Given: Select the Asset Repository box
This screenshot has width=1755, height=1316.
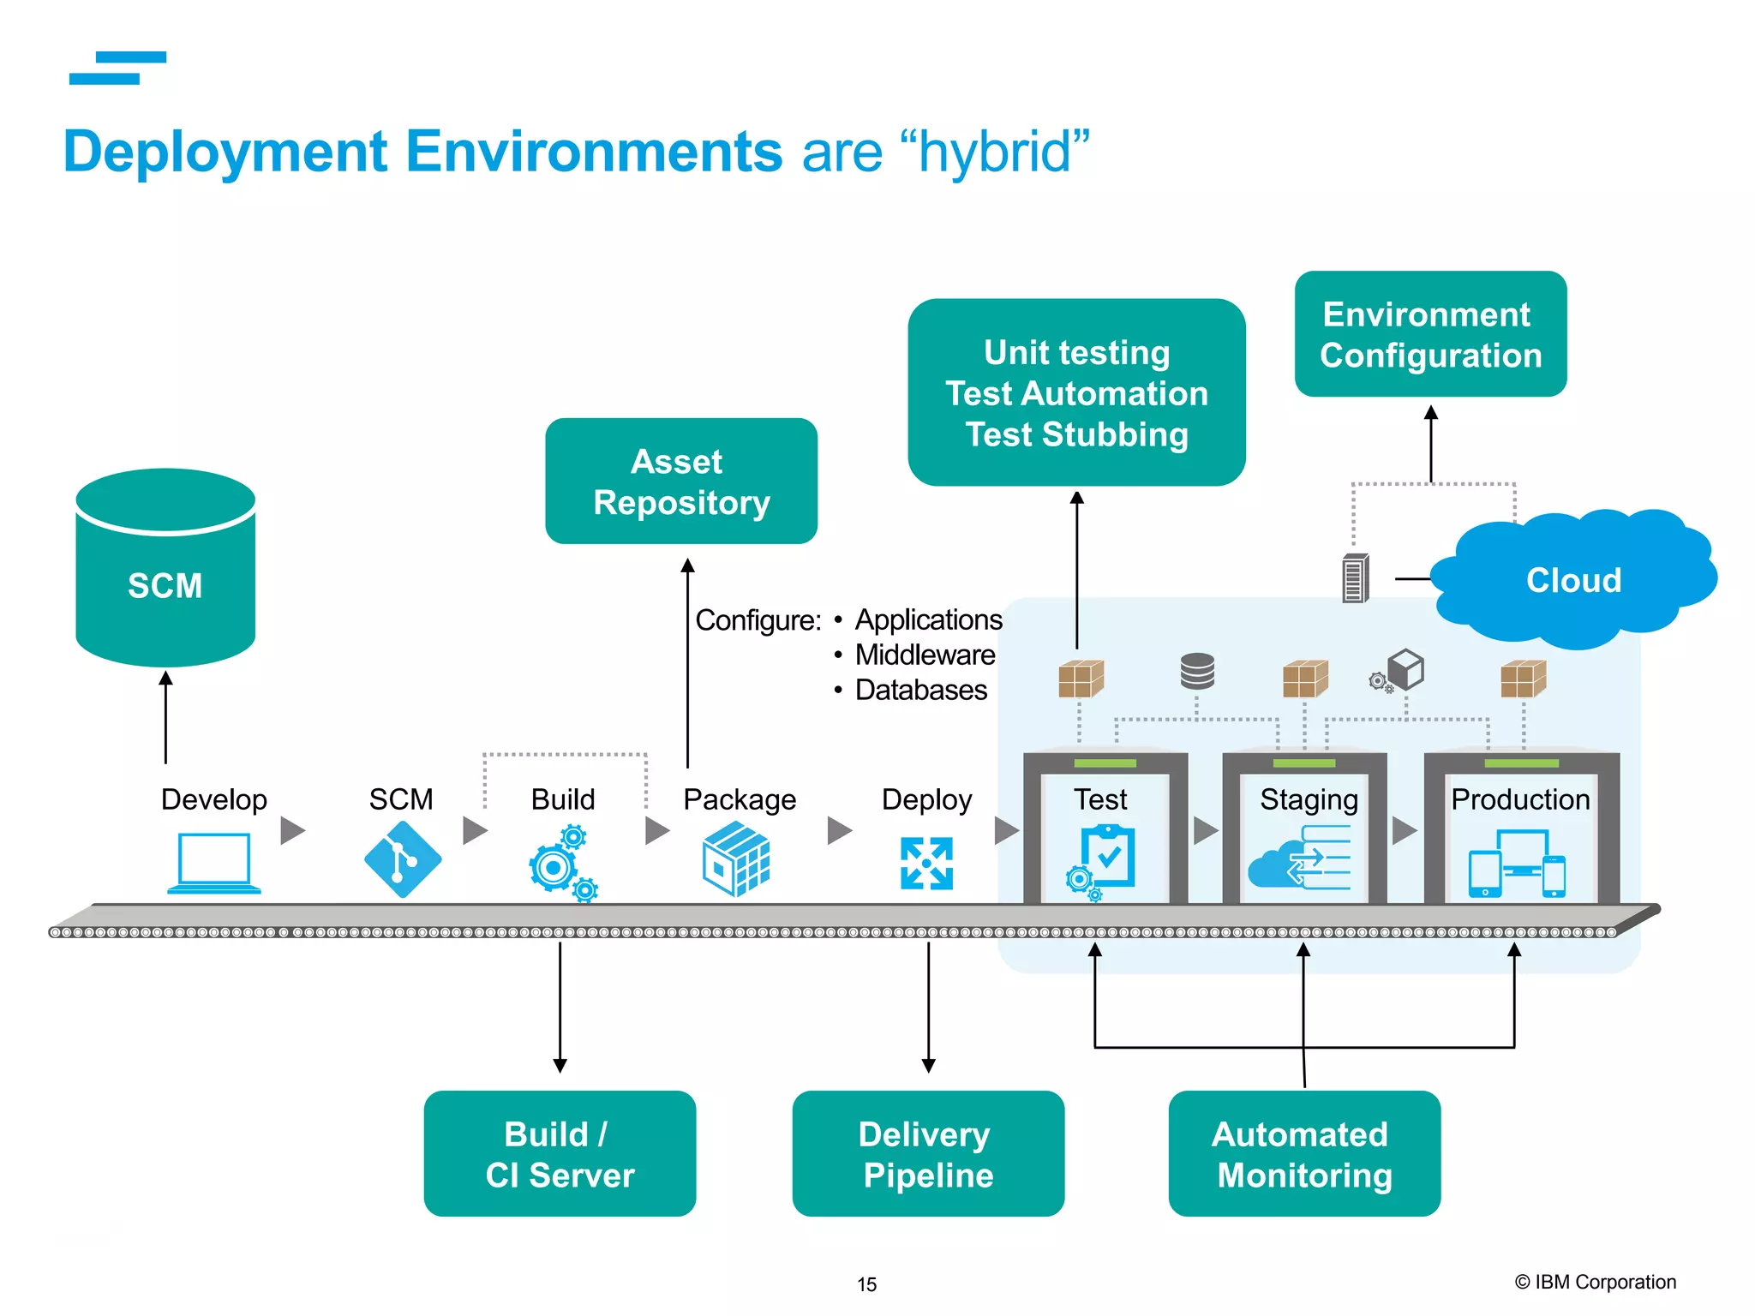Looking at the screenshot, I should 681,482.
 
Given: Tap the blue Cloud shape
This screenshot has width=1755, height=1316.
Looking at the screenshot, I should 1573,581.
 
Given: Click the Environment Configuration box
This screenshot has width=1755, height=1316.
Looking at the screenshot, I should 1430,334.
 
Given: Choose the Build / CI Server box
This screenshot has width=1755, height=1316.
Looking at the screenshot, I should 560,1153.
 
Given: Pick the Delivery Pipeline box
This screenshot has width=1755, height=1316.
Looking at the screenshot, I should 928,1153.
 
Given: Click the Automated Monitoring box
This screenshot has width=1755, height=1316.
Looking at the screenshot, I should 1303,1153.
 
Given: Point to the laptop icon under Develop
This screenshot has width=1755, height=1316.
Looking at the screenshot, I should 214,863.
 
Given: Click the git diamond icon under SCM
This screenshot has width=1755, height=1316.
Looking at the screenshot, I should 403,859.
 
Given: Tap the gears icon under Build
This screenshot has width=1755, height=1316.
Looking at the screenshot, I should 561,863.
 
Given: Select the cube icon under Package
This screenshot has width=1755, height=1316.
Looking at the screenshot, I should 736,859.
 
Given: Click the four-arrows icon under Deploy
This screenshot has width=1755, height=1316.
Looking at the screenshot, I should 926,863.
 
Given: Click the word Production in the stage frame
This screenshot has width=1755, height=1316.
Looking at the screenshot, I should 1520,799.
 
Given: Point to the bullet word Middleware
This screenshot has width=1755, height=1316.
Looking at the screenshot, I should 925,655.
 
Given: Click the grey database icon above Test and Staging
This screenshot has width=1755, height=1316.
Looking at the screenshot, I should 1197,671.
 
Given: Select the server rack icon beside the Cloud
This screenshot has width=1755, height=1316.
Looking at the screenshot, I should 1355,578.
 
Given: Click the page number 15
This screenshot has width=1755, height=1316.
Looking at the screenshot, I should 866,1284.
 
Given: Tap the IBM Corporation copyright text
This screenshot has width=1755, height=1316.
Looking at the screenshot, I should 1595,1282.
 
